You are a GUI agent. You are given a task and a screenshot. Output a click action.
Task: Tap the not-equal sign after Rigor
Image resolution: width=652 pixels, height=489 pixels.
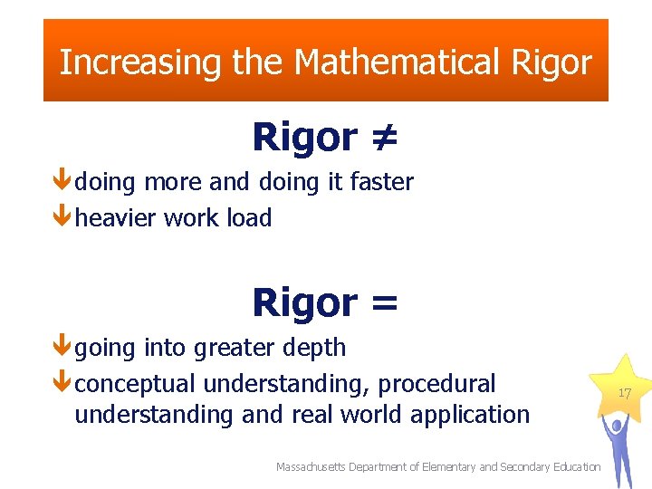[383, 138]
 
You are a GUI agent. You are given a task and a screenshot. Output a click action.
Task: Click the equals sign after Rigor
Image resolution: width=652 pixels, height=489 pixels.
[382, 302]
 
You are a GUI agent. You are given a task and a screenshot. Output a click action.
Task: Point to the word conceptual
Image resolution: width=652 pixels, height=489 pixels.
[135, 384]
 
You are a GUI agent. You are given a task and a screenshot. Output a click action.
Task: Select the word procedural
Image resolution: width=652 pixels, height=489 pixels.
[437, 384]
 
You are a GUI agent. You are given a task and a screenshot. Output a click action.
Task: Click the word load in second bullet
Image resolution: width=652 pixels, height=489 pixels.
[249, 218]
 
